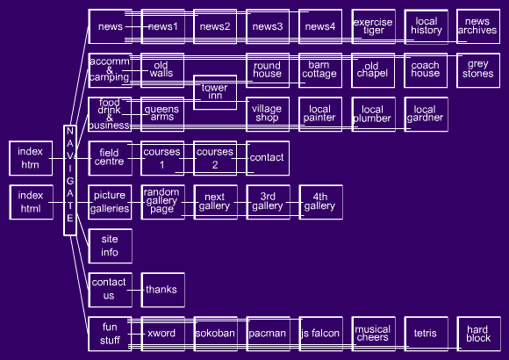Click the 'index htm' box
31,158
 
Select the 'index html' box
32,202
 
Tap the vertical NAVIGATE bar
70,180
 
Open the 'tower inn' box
215,92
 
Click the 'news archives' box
478,26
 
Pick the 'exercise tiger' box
373,26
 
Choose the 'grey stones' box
478,70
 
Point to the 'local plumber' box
373,114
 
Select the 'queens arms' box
162,114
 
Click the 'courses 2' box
215,158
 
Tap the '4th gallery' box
320,202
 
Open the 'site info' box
110,246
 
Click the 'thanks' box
163,290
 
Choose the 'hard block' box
479,334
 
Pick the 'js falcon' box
320,334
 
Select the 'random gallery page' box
163,202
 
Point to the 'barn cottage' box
320,70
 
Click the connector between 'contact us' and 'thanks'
135,290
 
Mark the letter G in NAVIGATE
70,181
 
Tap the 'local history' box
426,26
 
